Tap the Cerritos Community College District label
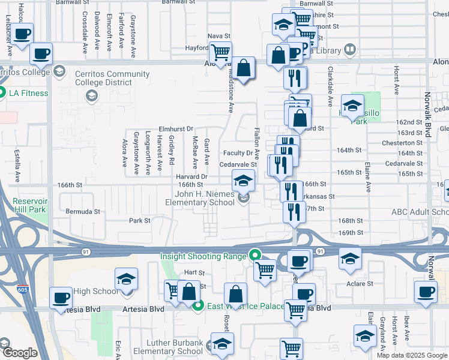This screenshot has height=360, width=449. point(112,79)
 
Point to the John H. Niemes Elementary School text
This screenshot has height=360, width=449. point(200,198)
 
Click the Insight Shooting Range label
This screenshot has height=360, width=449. point(203,256)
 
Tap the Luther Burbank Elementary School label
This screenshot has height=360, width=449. point(167,347)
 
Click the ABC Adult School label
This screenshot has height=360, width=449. point(420,212)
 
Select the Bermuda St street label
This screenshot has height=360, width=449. point(83,212)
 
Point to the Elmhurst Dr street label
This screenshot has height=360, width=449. point(176,128)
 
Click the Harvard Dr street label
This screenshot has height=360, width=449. point(191,176)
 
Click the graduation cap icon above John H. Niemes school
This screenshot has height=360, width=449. point(243,180)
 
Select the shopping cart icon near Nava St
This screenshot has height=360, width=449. point(221,53)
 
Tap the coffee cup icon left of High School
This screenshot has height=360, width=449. point(61,298)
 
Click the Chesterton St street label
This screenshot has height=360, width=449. point(403,143)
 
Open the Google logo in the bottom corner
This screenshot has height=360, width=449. point(20,353)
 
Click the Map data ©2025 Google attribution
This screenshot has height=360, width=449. point(412,355)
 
